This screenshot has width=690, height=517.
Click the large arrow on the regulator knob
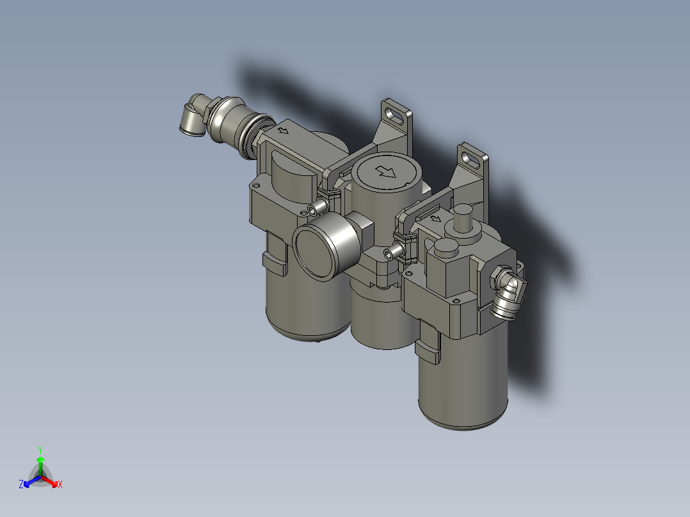tap(385, 171)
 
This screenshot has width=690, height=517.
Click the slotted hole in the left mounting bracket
tap(397, 116)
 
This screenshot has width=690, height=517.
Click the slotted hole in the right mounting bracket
tap(472, 155)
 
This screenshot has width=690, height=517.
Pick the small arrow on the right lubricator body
tap(438, 218)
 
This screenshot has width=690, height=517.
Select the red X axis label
tap(60, 485)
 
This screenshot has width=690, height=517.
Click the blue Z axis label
tap(21, 484)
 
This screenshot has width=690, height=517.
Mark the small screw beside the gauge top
tap(313, 209)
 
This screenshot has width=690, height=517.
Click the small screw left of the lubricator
tap(389, 253)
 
